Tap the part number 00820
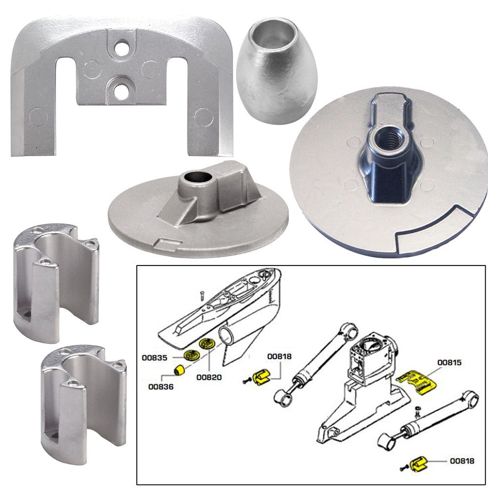click(209, 377)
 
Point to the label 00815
click(450, 363)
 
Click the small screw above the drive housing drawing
click(201, 294)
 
